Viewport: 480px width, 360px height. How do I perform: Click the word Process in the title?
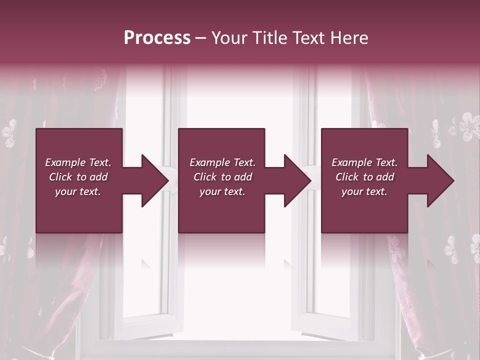pyautogui.click(x=157, y=38)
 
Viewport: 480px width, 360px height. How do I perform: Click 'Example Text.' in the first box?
pyautogui.click(x=78, y=162)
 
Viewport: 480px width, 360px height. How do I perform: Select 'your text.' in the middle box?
pyautogui.click(x=222, y=191)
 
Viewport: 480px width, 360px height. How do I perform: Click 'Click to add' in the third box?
pyautogui.click(x=364, y=177)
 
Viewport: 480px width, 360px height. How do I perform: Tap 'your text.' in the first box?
pyautogui.click(x=78, y=191)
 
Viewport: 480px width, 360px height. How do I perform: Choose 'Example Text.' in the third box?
pyautogui.click(x=364, y=162)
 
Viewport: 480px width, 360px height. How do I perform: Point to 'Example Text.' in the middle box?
pyautogui.click(x=222, y=162)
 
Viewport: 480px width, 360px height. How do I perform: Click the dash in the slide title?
pyautogui.click(x=200, y=38)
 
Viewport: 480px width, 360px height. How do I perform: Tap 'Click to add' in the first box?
pyautogui.click(x=78, y=177)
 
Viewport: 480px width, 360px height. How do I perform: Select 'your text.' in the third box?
pyautogui.click(x=364, y=191)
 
